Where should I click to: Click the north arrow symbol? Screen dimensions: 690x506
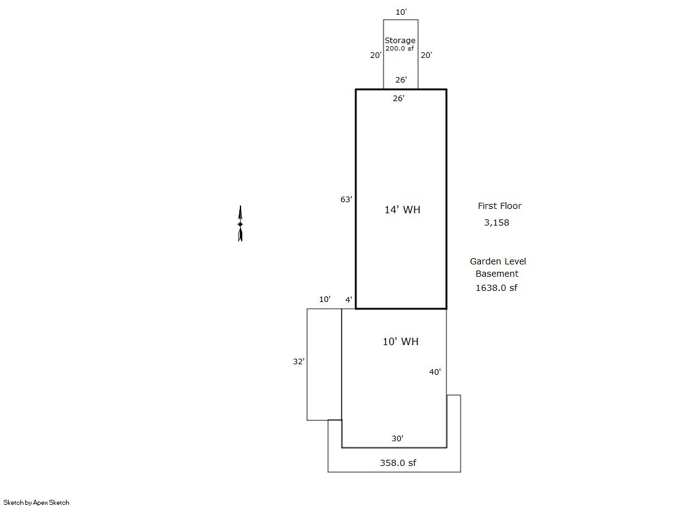(x=240, y=224)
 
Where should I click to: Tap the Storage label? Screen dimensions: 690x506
(x=400, y=41)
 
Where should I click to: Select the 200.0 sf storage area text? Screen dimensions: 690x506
(x=400, y=49)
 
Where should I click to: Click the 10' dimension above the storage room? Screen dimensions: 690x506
(x=401, y=12)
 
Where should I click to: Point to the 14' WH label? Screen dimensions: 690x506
(x=402, y=210)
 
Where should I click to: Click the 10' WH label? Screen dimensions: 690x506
(x=400, y=341)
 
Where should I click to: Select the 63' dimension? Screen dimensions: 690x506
(x=346, y=199)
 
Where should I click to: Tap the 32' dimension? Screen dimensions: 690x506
(x=298, y=361)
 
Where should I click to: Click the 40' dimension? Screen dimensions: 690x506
(x=435, y=372)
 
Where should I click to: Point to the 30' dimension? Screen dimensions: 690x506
(x=397, y=438)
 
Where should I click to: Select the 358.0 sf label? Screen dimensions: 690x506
(x=398, y=462)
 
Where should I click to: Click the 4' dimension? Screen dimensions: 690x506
(x=348, y=300)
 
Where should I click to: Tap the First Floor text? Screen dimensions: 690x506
(x=499, y=206)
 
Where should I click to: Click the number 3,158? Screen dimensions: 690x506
(x=496, y=222)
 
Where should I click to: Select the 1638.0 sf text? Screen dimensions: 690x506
(x=496, y=288)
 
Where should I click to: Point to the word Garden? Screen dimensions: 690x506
(x=485, y=261)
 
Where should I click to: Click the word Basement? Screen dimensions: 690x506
(x=497, y=274)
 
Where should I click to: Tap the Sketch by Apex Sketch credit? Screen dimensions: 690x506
(x=36, y=502)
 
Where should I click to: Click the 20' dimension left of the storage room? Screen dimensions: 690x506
(x=376, y=55)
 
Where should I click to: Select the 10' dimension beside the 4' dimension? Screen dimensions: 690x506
(x=325, y=299)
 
